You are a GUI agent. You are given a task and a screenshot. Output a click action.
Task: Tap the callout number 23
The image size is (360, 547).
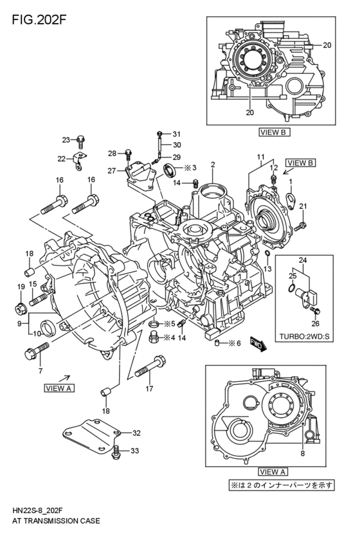tap(66, 139)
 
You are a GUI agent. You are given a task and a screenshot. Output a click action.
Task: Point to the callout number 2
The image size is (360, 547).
tap(212, 165)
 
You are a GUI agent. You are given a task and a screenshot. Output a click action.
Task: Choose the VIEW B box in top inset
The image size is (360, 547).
tap(275, 132)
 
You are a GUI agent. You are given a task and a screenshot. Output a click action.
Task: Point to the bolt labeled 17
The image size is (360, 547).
tap(145, 371)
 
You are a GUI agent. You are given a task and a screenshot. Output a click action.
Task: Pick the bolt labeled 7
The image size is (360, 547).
tap(37, 351)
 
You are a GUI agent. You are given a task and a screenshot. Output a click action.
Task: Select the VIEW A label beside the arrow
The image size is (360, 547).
tap(60, 388)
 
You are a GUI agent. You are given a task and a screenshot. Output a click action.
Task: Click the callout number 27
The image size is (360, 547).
tap(111, 171)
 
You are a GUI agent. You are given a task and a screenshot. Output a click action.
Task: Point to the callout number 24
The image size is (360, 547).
tap(303, 260)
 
